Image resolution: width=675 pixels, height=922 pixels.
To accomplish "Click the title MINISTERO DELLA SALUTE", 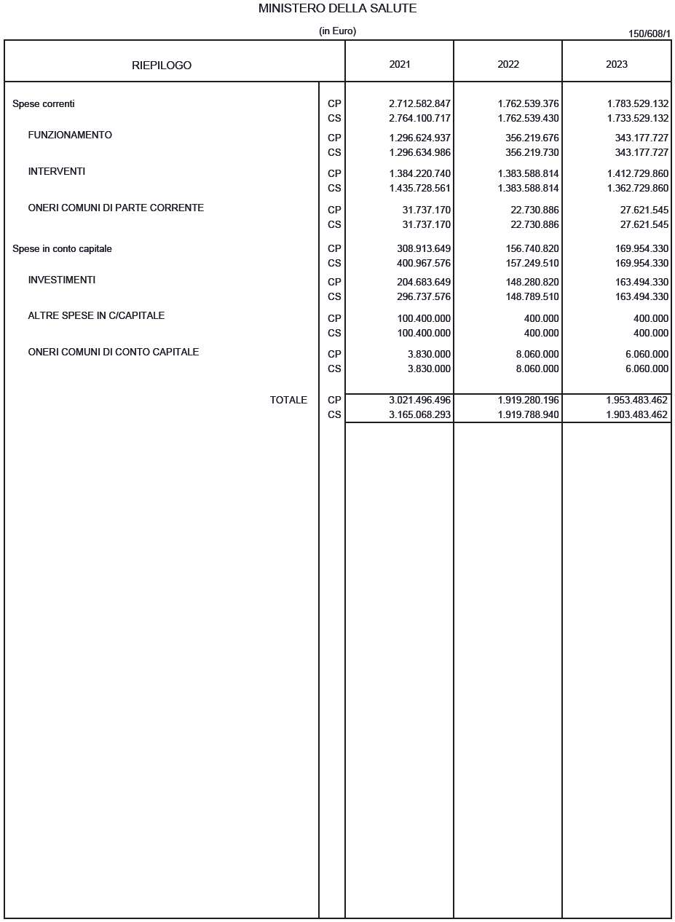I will [x=337, y=9].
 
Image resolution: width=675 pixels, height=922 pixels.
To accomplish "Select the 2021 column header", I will [x=400, y=64].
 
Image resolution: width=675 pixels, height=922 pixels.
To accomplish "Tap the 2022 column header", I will [x=508, y=64].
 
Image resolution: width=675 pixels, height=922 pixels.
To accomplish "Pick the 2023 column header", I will [x=617, y=64].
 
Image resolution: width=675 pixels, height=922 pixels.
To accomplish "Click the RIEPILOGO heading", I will [x=162, y=66].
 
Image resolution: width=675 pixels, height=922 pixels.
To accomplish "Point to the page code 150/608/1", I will [x=650, y=34].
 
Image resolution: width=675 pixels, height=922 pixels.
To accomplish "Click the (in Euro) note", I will [x=337, y=31].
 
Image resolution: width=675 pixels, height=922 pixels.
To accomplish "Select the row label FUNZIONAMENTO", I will [x=70, y=135].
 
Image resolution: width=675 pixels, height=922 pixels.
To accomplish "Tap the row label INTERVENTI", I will [x=57, y=172].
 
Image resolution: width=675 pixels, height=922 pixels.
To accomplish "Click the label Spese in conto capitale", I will [x=62, y=249].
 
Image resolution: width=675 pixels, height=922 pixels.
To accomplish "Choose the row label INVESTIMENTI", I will [x=62, y=280].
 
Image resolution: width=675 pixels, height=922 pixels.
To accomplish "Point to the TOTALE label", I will [x=288, y=401].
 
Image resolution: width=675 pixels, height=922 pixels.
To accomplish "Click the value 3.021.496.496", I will [x=420, y=401].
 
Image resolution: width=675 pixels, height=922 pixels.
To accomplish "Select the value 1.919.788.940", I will [x=529, y=415].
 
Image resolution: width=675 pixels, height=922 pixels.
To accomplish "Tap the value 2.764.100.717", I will [x=420, y=118].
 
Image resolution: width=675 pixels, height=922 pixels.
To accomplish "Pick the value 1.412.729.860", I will [x=637, y=174].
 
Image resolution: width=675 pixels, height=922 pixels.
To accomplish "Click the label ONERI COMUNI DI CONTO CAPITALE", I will [x=114, y=352].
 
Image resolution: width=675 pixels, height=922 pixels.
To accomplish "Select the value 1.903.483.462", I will [x=637, y=415].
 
